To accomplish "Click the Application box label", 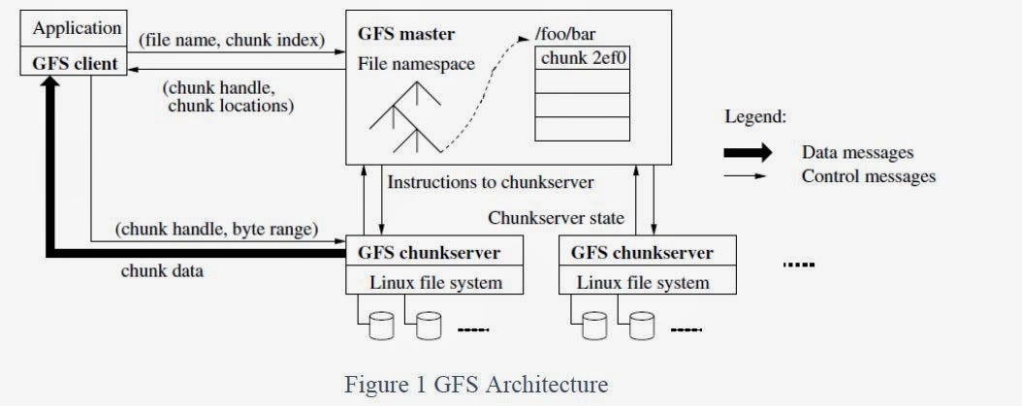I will (x=78, y=28).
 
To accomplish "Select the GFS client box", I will (x=77, y=65).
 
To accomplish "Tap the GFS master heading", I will (x=406, y=34).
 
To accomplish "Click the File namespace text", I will (x=416, y=65).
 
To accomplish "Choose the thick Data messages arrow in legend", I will (x=746, y=152).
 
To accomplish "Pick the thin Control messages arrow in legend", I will (x=746, y=176).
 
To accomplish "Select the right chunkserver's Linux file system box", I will (x=642, y=283).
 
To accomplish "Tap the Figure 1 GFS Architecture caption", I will (x=476, y=385).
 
